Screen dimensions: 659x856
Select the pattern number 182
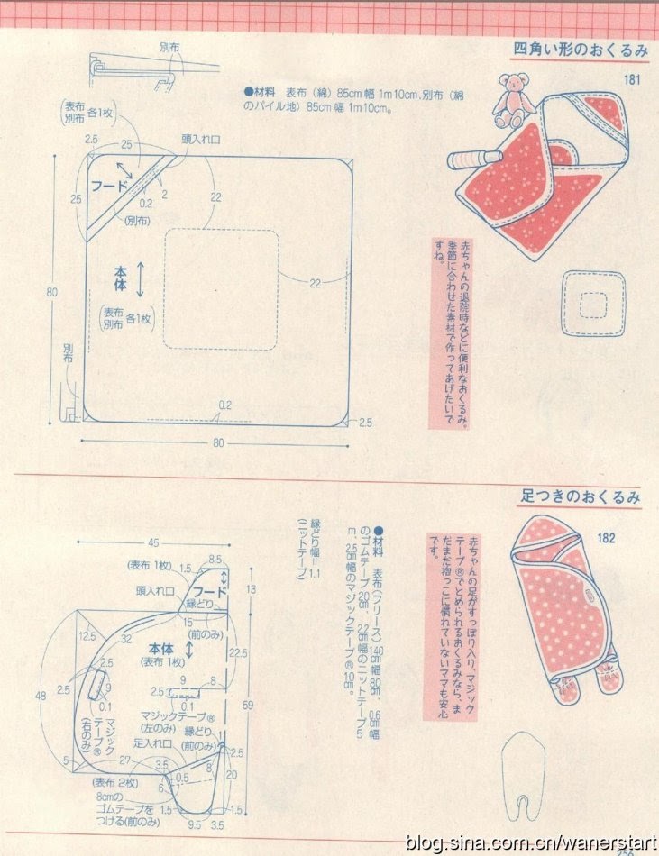click(x=606, y=539)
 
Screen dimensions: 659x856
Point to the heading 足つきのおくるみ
click(x=581, y=496)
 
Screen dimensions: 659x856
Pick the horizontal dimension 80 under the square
click(x=218, y=442)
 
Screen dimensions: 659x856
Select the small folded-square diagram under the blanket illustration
click(x=592, y=304)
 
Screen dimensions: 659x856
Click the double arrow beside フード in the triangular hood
click(x=124, y=170)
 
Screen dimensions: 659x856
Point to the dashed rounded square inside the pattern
click(x=220, y=288)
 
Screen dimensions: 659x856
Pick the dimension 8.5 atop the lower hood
click(x=215, y=560)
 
